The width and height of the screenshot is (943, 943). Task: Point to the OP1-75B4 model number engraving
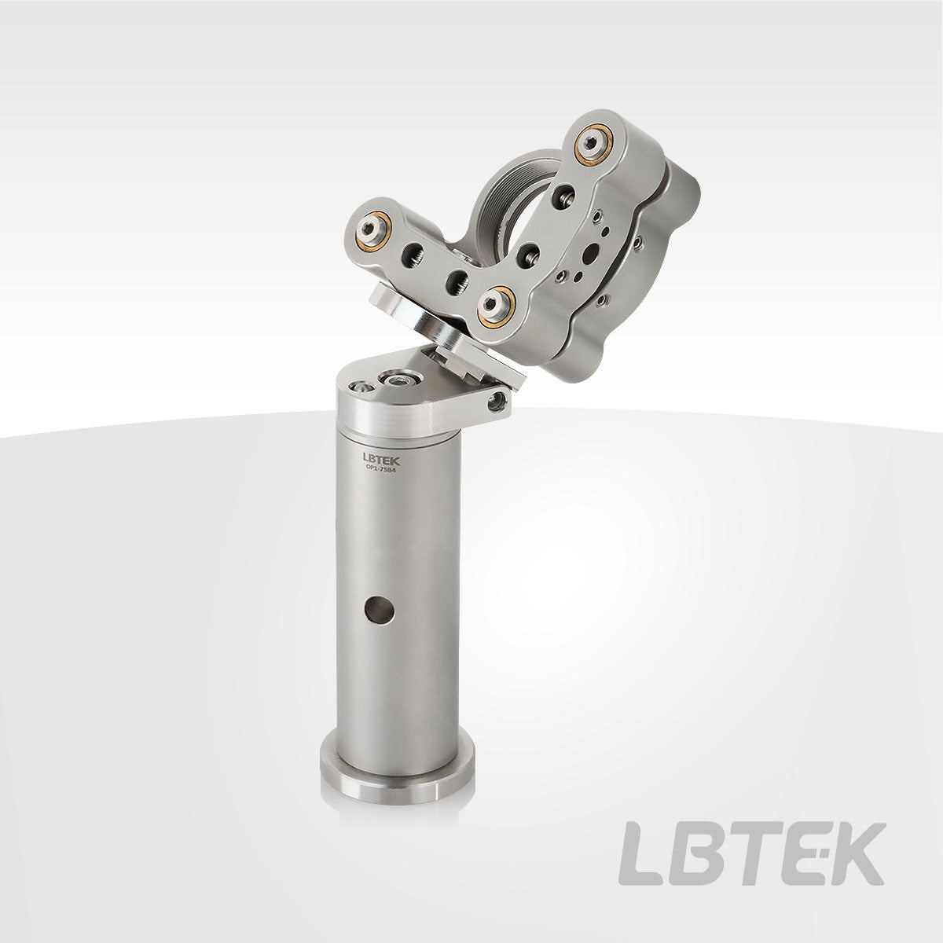(x=381, y=469)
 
